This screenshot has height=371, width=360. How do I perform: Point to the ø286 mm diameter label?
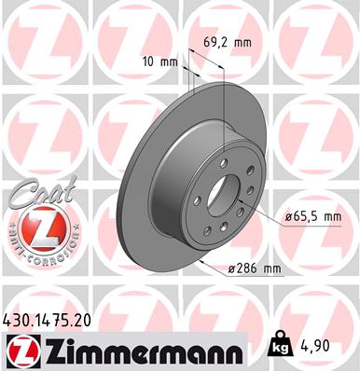click(256, 269)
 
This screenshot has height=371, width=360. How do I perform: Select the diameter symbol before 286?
click(231, 269)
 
